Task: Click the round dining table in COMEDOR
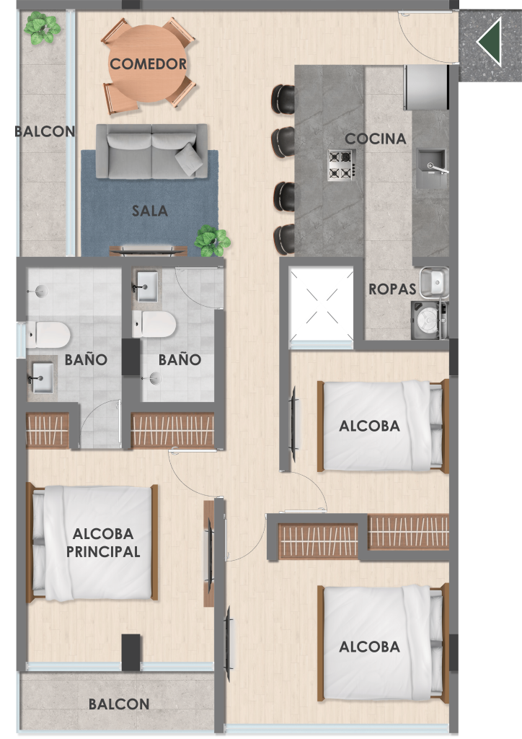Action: coord(148,64)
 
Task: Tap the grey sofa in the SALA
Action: coord(151,152)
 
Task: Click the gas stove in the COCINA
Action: coord(342,165)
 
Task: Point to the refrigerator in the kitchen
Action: coord(425,87)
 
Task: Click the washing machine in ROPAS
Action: coord(428,320)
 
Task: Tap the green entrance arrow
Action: coord(490,41)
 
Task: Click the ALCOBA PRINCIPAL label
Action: coord(103,543)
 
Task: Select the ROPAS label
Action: coord(392,289)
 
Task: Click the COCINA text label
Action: coord(375,139)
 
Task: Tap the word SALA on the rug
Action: coord(150,211)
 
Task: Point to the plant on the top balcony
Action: coord(42,28)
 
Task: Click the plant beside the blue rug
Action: coord(213,241)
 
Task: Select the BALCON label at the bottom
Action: coord(119,704)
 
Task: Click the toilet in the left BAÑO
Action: coord(48,334)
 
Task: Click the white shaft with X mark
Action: coord(321,305)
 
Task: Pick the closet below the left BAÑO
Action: coord(48,430)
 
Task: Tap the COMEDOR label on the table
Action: coord(148,64)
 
